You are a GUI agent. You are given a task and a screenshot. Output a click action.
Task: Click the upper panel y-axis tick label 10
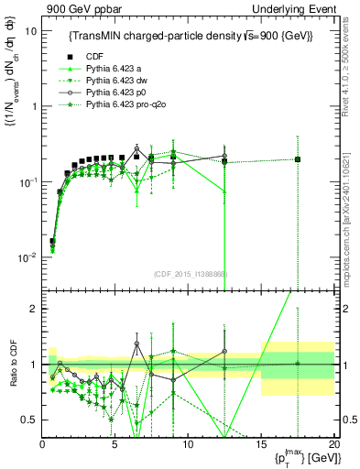[x=30, y=30]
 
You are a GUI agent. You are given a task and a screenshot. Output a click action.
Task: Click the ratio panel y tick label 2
[x=32, y=309]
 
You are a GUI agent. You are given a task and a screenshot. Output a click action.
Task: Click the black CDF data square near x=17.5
[x=297, y=159]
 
